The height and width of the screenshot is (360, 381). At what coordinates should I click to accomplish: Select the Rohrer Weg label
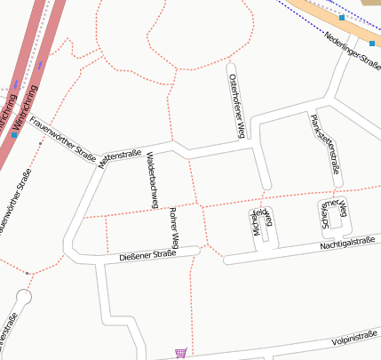pyautogui.click(x=174, y=228)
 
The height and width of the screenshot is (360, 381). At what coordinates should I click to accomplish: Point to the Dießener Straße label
pyautogui.click(x=147, y=255)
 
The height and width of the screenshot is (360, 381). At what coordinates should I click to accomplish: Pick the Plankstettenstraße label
pyautogui.click(x=324, y=142)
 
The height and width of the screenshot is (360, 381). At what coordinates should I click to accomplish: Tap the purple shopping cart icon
pyautogui.click(x=181, y=353)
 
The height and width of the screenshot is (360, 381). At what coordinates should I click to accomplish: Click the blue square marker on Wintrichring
pyautogui.click(x=14, y=135)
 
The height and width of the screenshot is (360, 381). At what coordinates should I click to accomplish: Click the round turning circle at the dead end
pyautogui.click(x=24, y=297)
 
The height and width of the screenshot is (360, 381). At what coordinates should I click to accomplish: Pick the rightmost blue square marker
pyautogui.click(x=371, y=43)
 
